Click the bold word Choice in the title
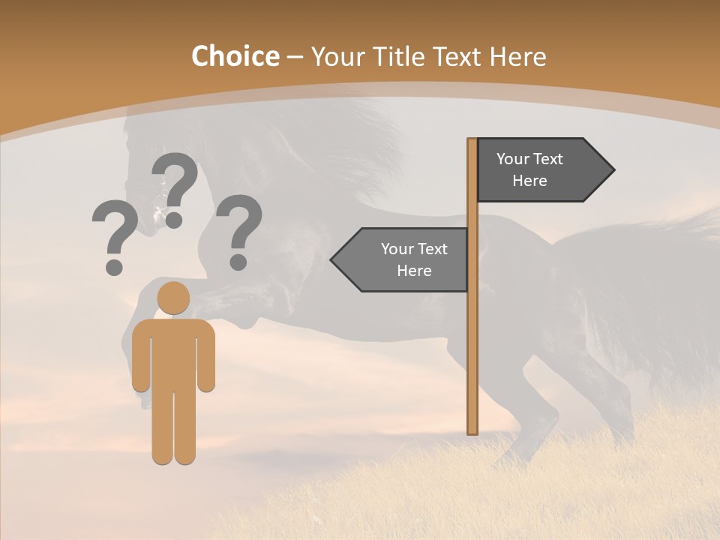[x=235, y=56]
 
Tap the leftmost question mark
[x=114, y=232]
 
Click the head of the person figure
[x=173, y=298]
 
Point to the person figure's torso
[x=173, y=352]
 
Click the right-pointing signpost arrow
[x=540, y=170]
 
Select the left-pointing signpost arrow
[x=401, y=259]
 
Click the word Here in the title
[x=517, y=56]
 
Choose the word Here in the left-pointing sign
[x=414, y=271]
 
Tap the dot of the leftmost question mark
[x=114, y=266]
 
